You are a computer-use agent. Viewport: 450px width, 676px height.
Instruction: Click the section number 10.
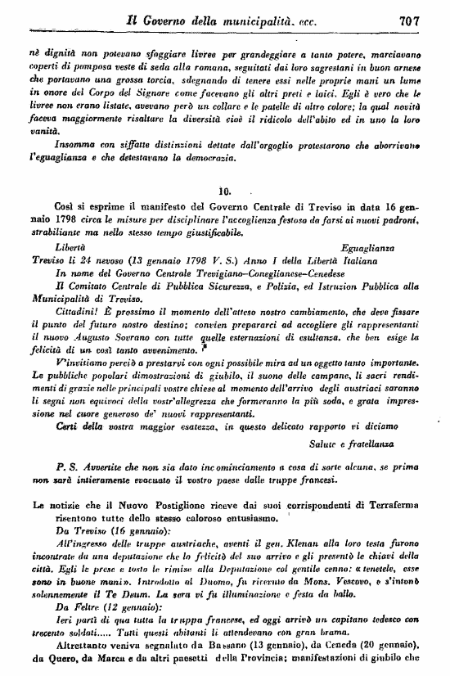click(226, 192)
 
